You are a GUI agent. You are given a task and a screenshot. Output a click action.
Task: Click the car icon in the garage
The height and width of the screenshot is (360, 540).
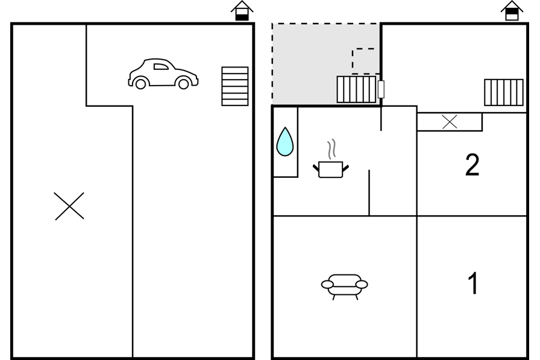[x=163, y=74]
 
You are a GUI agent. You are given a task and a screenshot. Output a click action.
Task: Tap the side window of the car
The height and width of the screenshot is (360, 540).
[x=160, y=66]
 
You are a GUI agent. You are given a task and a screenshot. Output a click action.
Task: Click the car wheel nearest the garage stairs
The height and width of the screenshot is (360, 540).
[x=184, y=83]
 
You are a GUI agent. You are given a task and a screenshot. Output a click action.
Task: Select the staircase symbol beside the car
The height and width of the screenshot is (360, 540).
[x=235, y=86]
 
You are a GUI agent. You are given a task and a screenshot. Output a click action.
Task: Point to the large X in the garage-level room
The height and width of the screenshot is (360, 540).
[x=69, y=206]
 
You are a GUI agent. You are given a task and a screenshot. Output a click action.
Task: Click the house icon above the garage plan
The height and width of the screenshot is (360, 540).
[x=242, y=11]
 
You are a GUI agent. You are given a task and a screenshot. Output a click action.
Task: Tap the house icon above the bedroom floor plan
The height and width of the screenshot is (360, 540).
[x=512, y=11]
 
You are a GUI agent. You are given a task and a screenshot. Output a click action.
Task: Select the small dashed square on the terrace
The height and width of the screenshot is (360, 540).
[x=363, y=61]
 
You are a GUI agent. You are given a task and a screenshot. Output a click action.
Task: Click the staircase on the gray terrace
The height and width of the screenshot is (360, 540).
[x=356, y=89]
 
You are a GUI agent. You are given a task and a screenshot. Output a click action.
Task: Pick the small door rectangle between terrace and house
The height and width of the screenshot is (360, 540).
[x=381, y=89]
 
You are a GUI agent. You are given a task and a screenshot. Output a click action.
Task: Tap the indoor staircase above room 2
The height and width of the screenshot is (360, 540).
[x=504, y=92]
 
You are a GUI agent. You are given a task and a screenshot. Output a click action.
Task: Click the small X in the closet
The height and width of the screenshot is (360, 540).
[x=450, y=122]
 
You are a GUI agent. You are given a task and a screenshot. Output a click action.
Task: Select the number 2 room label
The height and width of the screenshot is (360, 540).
[x=472, y=165]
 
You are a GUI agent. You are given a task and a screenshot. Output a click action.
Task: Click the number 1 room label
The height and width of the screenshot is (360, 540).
[x=473, y=283]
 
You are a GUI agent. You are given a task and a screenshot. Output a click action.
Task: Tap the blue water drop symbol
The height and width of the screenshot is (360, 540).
[x=285, y=142]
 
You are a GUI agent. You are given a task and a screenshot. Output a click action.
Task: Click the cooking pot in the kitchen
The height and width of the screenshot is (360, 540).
[x=331, y=169]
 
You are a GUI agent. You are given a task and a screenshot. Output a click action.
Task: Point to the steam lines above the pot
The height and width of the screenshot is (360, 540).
[x=331, y=149]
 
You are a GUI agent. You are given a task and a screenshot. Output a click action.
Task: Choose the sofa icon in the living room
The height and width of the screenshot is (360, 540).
[x=344, y=286]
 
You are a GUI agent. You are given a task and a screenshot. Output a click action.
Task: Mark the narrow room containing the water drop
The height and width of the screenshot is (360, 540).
[x=286, y=142]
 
